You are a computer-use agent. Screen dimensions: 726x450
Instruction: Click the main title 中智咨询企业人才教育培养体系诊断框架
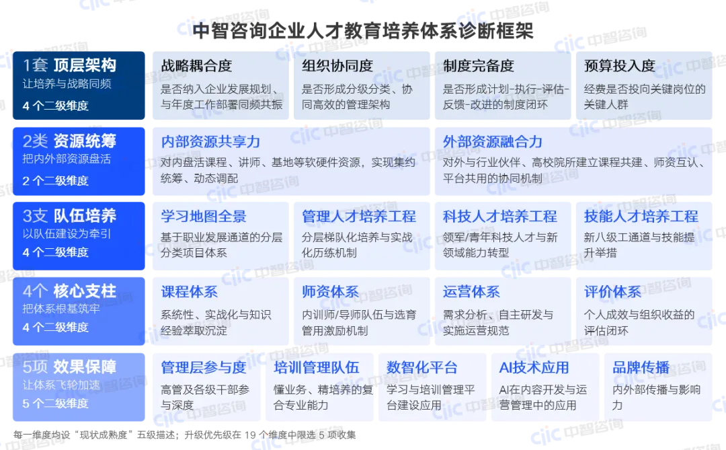tap(363, 30)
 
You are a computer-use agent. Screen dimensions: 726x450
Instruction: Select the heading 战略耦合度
tap(196, 66)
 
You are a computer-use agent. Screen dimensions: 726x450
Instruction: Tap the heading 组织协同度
tap(337, 66)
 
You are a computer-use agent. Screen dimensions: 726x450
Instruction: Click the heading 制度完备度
tap(479, 66)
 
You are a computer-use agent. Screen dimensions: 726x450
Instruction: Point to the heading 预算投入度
tap(620, 66)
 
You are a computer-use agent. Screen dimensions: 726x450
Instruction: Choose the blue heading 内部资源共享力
tap(210, 141)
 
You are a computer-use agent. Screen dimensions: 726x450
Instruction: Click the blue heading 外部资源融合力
tap(493, 141)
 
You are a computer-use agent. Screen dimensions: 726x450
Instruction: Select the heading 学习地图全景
tap(204, 217)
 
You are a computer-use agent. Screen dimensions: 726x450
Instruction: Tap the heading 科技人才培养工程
tap(500, 217)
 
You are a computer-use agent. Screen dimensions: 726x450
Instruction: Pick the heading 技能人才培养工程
tap(641, 217)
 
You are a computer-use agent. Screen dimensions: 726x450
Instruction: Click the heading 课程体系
tap(190, 292)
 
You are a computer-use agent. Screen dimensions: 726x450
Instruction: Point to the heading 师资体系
tap(331, 292)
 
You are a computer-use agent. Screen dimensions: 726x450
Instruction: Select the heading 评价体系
tap(612, 292)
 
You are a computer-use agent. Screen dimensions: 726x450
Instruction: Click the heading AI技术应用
tap(534, 367)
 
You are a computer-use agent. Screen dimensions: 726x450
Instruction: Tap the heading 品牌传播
tap(641, 367)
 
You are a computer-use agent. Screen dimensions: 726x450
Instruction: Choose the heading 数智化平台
tap(422, 367)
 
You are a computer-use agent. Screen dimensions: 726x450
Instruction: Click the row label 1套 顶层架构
tap(69, 65)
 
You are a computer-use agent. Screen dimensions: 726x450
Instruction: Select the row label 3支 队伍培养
tap(69, 216)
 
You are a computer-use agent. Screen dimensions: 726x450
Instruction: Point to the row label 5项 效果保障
tap(69, 367)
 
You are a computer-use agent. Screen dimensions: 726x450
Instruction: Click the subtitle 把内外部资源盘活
tap(67, 159)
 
